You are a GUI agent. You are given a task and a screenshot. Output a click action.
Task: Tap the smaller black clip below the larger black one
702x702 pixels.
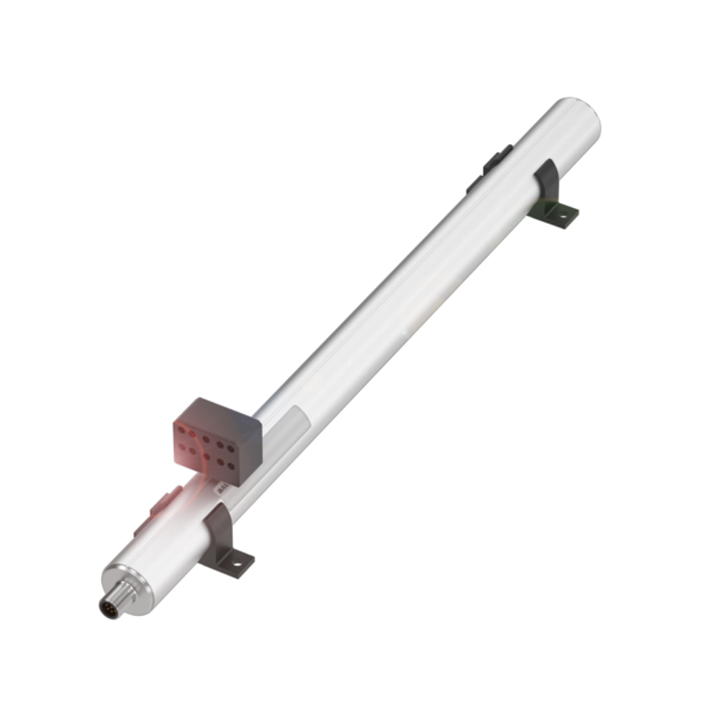pos(475,184)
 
